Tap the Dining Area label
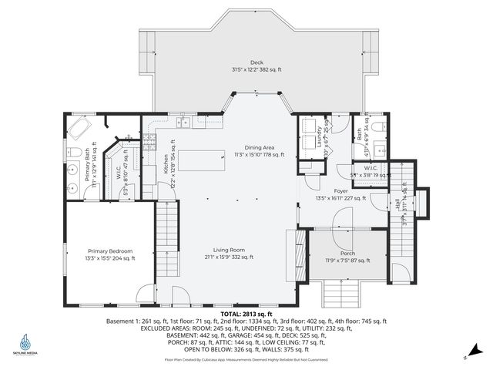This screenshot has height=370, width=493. coord(259,150)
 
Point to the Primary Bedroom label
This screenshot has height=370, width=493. coord(109,254)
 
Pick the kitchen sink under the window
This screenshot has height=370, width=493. coord(185,123)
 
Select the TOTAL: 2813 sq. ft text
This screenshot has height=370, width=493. coord(246,314)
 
